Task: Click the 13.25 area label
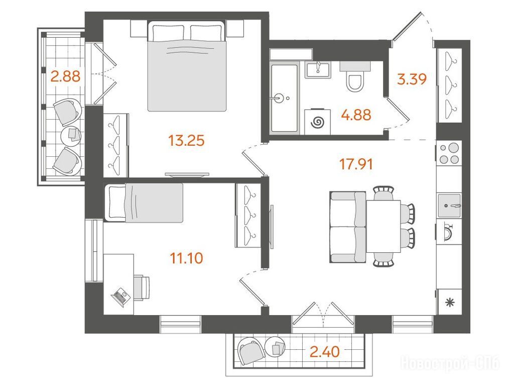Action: coord(187,141)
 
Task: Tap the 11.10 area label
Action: coord(187,258)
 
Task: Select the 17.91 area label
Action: coord(356,164)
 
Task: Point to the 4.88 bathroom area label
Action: coord(356,115)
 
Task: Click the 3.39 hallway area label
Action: coord(412,79)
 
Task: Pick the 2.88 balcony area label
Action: coord(65,77)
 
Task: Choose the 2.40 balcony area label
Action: coord(325,352)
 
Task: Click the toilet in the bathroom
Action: coord(355,78)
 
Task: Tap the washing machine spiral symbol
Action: coord(318,122)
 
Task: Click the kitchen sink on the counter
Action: coord(449,206)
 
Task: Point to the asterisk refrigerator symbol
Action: coord(450,303)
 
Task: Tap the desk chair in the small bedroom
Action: coord(142,288)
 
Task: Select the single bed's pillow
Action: coord(117,203)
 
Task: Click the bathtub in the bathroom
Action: coord(284,98)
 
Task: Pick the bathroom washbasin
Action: coord(318,70)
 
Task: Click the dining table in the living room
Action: coord(384,226)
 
